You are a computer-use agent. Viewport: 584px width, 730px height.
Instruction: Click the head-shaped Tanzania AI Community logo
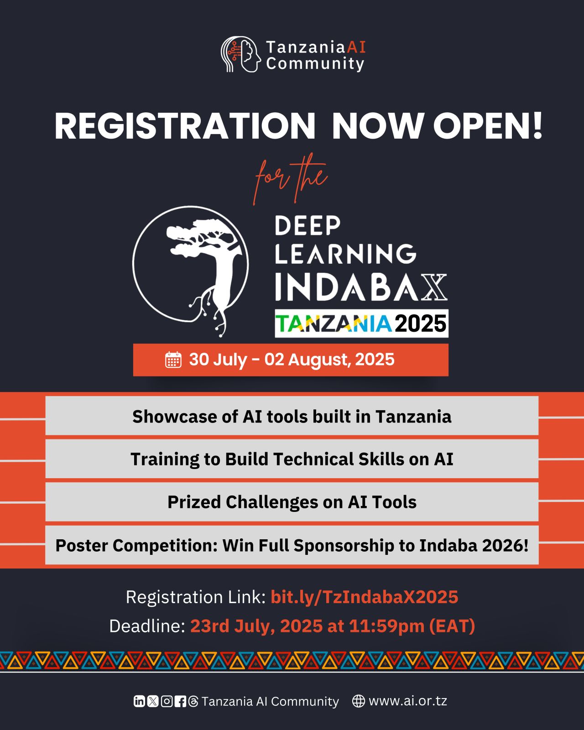tap(240, 54)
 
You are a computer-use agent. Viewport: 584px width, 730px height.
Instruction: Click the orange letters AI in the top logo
tap(356, 47)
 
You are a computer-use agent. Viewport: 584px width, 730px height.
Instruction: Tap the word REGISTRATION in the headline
tap(185, 126)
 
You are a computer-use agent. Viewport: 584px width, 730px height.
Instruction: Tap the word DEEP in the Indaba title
tap(308, 225)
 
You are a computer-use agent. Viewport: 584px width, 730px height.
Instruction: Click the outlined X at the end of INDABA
tap(434, 287)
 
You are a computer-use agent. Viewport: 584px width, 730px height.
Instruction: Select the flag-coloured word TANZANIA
tap(333, 323)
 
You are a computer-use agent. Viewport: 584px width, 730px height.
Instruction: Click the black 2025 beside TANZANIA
tap(421, 323)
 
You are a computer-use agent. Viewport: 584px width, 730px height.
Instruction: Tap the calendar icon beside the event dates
tap(173, 360)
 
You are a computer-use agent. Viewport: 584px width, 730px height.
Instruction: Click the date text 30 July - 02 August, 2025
tap(292, 360)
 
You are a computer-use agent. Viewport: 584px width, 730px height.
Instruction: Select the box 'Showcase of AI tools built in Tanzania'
tap(292, 416)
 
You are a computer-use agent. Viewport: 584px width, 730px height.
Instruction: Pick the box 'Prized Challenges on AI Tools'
tap(292, 502)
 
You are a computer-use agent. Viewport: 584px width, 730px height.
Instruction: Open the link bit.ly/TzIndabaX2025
tap(365, 597)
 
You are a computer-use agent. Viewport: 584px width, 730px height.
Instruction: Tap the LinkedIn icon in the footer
tap(139, 701)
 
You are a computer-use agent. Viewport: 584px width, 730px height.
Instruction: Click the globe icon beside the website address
tap(358, 701)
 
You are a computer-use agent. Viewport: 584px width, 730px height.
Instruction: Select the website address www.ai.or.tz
tap(408, 701)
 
